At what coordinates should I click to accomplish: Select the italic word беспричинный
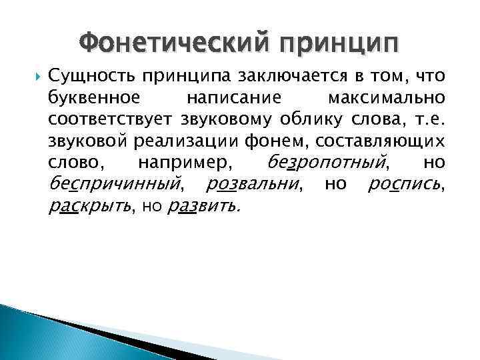[x=115, y=183]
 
